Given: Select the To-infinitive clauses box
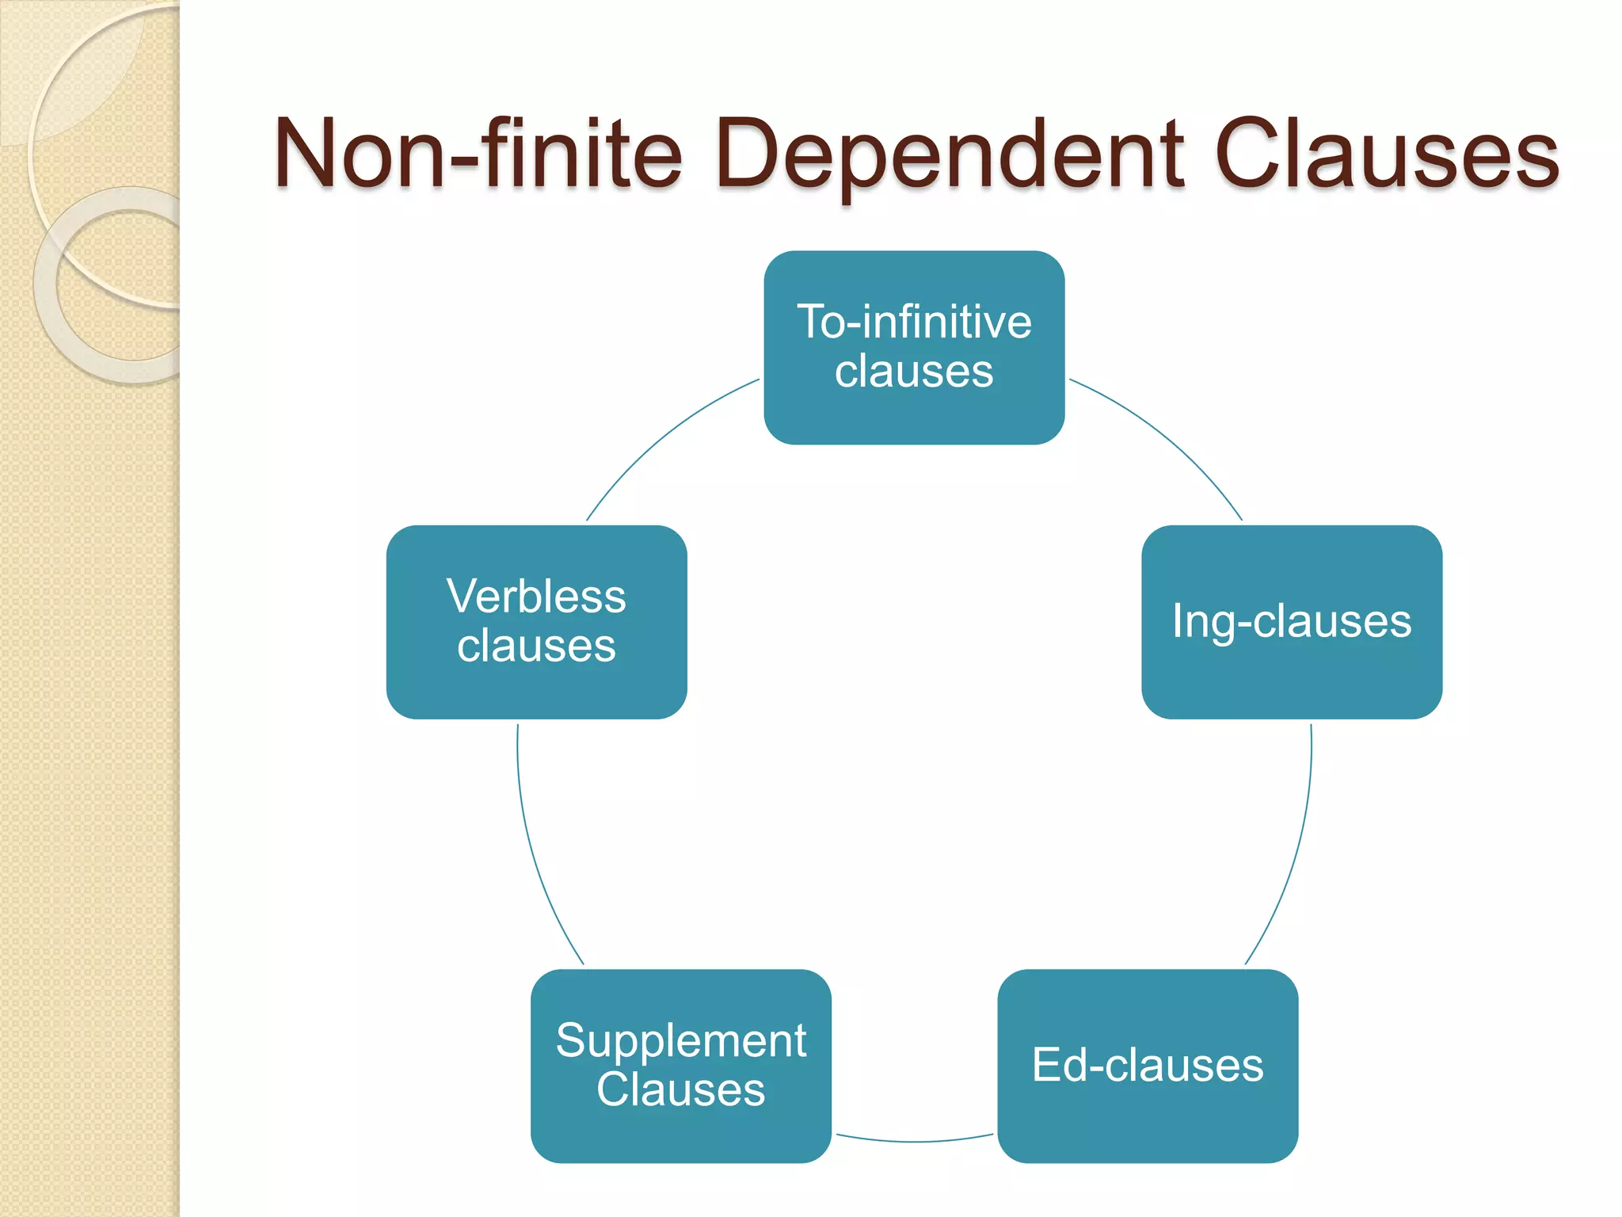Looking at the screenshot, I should click(914, 420).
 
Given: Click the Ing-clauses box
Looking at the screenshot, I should click(1291, 681).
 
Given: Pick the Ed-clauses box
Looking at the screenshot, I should click(1148, 1125).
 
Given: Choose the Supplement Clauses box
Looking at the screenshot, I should click(680, 1141).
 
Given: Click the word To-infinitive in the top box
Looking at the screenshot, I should click(914, 322).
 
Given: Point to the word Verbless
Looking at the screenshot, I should click(536, 596).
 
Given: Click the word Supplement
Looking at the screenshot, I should click(680, 1040).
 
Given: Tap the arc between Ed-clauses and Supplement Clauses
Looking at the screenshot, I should click(914, 1142).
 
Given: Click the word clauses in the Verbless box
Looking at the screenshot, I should click(536, 646).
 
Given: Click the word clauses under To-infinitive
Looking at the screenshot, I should click(914, 372).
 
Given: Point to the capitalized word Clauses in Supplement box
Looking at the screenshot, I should click(680, 1089).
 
